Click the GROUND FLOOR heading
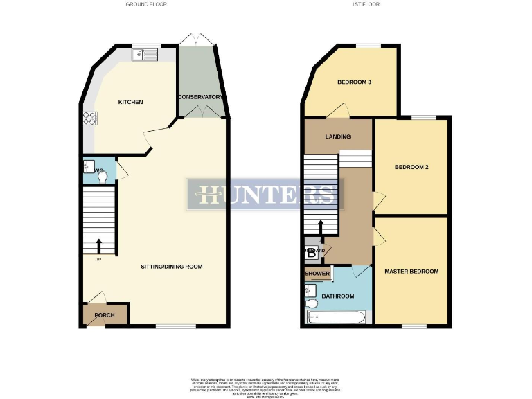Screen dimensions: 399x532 [146, 4]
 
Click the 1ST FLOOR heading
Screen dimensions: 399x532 [366, 4]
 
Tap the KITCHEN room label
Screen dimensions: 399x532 [130, 102]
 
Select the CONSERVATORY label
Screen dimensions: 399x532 [200, 97]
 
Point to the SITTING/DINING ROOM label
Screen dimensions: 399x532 [171, 267]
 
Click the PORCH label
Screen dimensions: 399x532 [105, 315]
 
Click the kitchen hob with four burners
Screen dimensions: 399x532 [89, 119]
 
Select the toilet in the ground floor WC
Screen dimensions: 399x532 [103, 177]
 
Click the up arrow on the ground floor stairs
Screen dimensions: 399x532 [98, 246]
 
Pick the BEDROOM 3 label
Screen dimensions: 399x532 [355, 82]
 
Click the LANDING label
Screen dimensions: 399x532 [338, 136]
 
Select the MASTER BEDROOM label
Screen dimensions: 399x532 [411, 272]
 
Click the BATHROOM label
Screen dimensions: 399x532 [337, 296]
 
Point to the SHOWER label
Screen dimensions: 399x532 [317, 274]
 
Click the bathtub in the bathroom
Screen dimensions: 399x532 [336, 318]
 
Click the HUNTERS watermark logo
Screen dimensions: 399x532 [266, 194]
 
